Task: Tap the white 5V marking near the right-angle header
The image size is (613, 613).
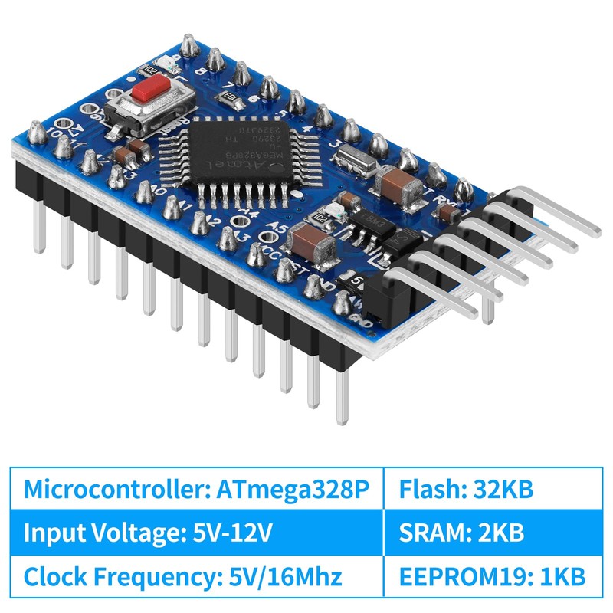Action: (356, 280)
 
